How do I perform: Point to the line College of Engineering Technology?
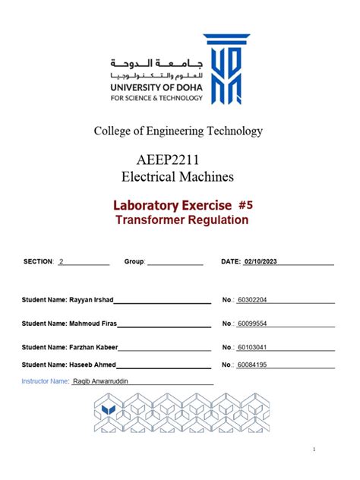(178, 131)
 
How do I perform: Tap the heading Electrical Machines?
(178, 177)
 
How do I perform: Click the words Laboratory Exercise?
(160, 205)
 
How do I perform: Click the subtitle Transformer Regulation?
(182, 220)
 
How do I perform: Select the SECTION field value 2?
(61, 261)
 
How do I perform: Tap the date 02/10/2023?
(261, 261)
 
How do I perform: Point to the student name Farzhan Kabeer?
(94, 347)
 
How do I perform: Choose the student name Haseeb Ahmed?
(93, 365)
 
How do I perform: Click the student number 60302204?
(252, 300)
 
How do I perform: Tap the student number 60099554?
(252, 324)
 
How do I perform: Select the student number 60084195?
(252, 365)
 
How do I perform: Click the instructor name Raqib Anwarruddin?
(101, 381)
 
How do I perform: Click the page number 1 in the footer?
(314, 450)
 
